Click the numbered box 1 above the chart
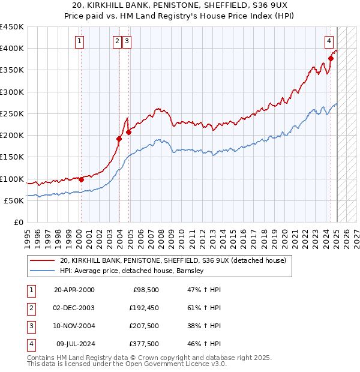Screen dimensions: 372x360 (80, 41)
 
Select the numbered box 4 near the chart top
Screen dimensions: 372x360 (329, 41)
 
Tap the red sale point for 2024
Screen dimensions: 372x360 (331, 58)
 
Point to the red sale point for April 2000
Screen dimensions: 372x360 (81, 179)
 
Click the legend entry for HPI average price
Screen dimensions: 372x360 (132, 271)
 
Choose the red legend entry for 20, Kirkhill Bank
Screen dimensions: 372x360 (173, 260)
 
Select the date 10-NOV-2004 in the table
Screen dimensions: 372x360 (74, 326)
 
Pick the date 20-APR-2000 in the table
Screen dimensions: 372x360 (74, 290)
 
